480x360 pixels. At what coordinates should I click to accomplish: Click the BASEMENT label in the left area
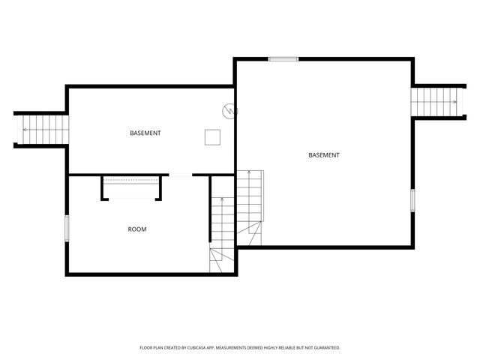tap(145, 133)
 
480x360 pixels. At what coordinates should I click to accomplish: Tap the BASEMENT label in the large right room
tap(324, 155)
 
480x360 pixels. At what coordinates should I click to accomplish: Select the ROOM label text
tap(137, 229)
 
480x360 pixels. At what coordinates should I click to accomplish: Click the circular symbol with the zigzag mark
tap(229, 111)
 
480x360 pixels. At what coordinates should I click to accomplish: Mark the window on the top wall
tap(283, 58)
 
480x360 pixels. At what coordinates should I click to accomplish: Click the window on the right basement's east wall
tap(412, 200)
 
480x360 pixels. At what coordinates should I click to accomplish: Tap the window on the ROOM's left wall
tap(67, 228)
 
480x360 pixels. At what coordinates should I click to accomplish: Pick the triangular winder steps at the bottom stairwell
tap(223, 260)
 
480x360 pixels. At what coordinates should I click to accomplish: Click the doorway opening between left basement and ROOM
tap(181, 175)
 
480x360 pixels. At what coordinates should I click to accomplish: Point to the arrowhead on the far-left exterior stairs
tap(24, 129)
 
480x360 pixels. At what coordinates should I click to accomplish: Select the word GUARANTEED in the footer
tap(325, 348)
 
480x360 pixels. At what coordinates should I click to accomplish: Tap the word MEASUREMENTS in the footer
tap(251, 348)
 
